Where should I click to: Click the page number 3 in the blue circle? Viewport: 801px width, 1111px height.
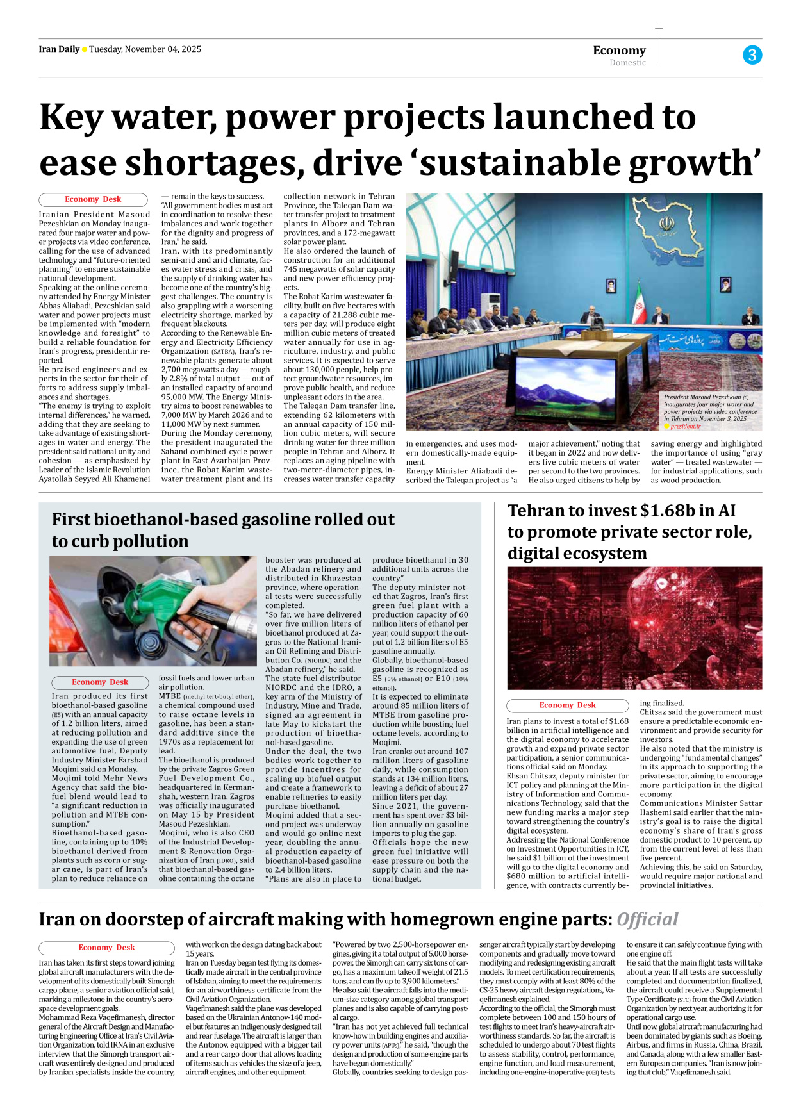752,55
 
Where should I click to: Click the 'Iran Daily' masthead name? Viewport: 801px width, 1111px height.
59,49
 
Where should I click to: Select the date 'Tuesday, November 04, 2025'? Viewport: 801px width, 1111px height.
145,49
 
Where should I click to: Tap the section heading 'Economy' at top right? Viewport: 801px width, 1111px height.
619,50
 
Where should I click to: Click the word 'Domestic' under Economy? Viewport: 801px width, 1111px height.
627,63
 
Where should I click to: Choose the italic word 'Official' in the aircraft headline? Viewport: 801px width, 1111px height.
647,919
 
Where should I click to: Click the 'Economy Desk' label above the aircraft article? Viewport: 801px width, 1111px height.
106,948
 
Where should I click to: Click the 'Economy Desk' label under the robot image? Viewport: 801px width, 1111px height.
567,705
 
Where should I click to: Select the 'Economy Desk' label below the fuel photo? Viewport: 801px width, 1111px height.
100,682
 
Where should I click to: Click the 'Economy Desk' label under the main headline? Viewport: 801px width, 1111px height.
93,199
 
